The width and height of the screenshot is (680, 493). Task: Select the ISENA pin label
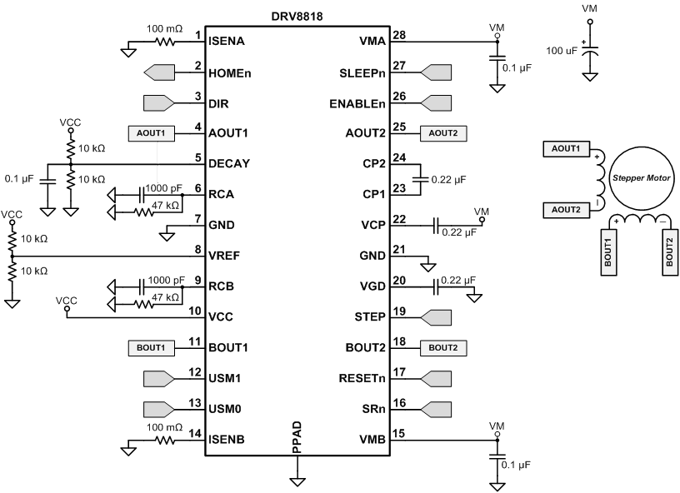click(x=226, y=40)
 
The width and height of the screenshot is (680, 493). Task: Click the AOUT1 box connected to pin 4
click(x=152, y=132)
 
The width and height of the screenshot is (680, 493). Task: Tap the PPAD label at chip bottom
click(x=297, y=438)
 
